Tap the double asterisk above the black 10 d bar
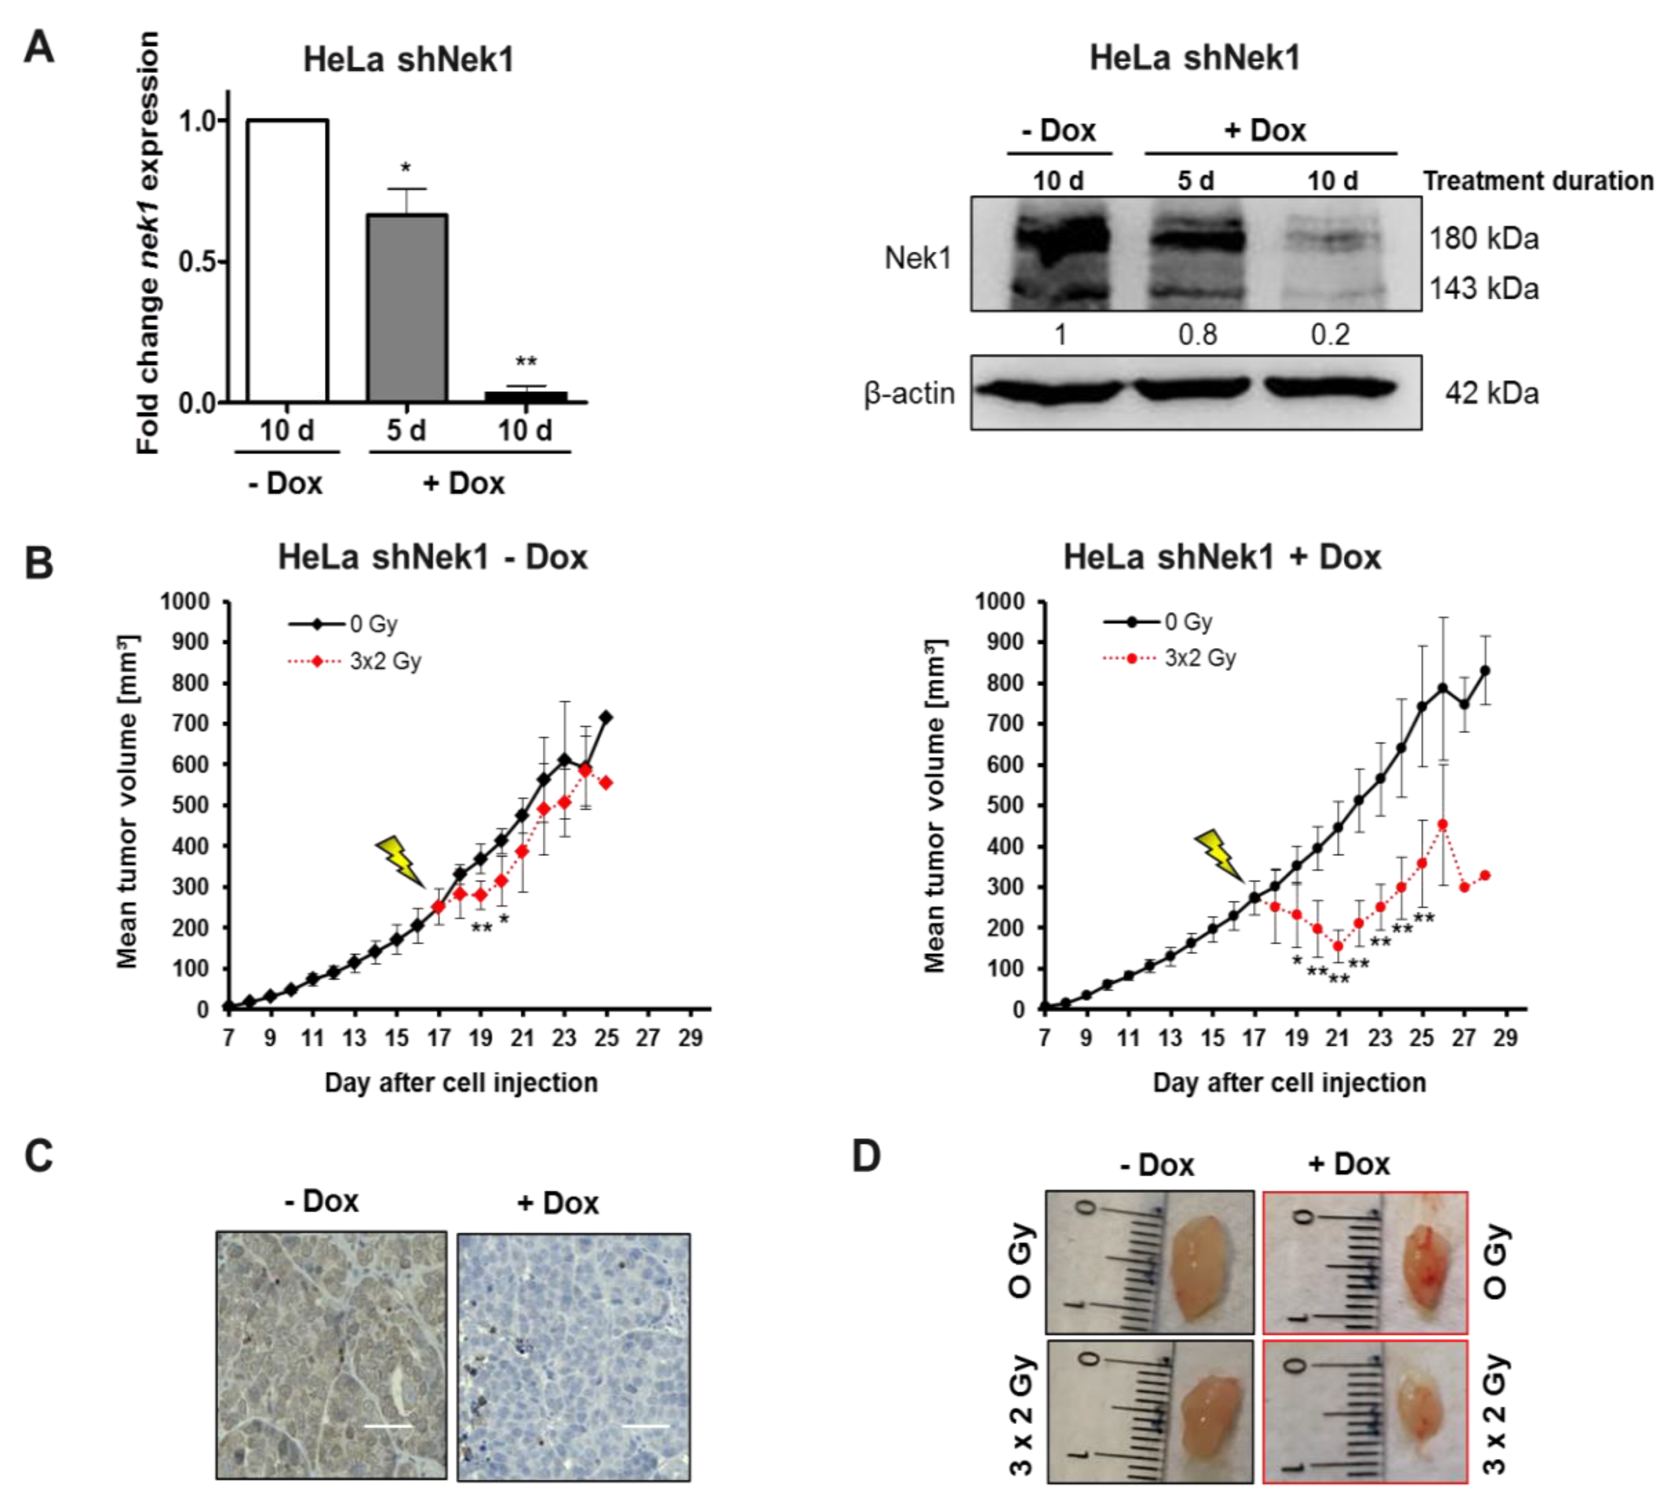click(525, 362)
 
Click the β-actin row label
click(909, 393)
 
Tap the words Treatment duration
click(1537, 181)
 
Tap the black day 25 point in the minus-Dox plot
click(606, 717)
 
